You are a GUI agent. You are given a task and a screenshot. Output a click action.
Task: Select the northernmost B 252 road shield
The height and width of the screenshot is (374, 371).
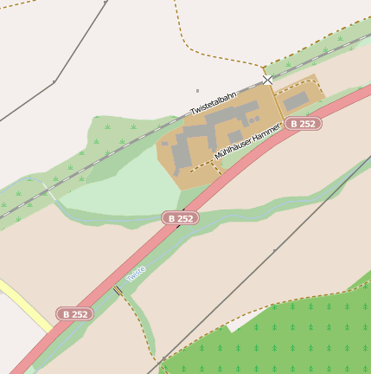(304, 124)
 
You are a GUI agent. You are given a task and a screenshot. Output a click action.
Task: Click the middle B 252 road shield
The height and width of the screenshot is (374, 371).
(180, 219)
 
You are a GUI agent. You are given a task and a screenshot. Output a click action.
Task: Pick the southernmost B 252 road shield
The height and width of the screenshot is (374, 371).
(74, 314)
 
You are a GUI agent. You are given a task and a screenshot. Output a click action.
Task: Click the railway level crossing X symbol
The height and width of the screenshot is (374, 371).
(268, 80)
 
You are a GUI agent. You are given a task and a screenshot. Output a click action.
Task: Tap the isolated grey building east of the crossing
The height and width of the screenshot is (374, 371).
(296, 101)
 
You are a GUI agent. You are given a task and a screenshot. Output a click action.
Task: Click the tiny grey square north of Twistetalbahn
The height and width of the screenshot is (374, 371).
(197, 90)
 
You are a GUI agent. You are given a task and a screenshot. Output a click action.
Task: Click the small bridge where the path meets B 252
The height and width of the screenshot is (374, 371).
(118, 290)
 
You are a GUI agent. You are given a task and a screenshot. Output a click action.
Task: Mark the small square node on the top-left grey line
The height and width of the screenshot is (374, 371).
(54, 82)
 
